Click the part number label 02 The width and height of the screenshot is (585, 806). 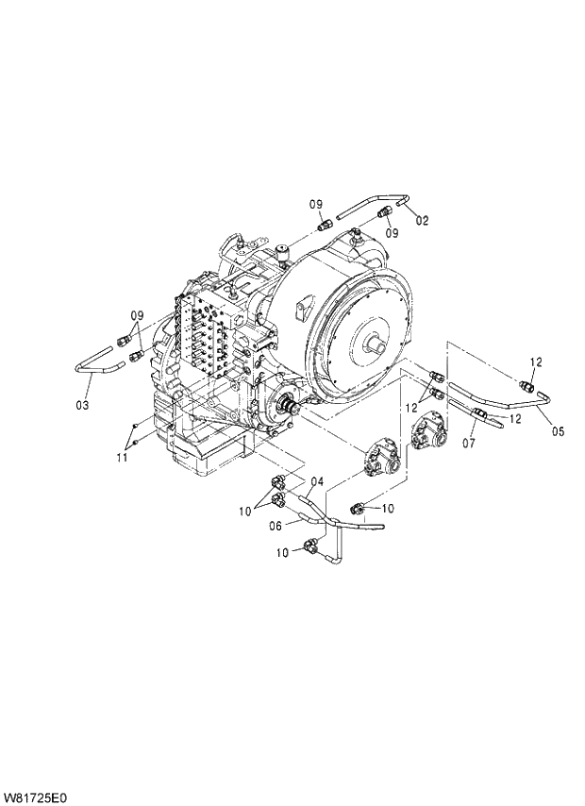422,221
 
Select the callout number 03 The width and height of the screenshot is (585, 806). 82,405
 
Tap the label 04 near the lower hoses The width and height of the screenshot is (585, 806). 317,481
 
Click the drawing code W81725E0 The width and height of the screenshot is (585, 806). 40,795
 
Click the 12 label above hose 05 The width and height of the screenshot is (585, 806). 535,361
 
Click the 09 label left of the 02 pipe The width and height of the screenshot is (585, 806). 317,204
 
